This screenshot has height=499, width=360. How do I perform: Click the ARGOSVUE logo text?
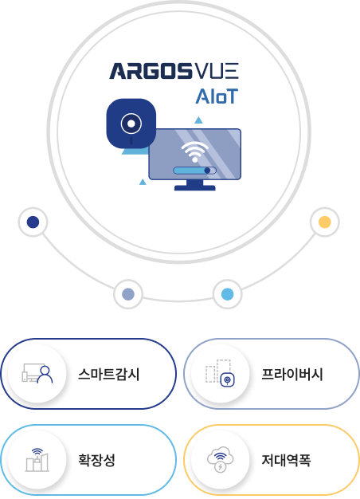click(174, 71)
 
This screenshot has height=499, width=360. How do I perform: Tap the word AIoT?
click(217, 96)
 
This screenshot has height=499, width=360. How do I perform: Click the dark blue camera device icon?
click(131, 124)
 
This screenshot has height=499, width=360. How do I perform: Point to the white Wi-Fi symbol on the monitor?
click(194, 151)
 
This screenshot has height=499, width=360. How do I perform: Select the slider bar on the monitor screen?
click(194, 171)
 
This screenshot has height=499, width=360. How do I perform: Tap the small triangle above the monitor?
click(198, 120)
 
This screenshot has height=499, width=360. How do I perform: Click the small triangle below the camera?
click(143, 182)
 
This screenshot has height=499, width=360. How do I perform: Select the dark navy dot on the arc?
click(33, 222)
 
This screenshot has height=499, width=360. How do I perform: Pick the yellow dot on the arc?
click(325, 222)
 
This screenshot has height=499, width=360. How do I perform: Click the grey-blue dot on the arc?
click(128, 293)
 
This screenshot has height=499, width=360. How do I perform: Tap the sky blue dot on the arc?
click(227, 293)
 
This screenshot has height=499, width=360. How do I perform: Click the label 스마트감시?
click(109, 374)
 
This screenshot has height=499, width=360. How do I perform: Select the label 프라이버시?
click(292, 374)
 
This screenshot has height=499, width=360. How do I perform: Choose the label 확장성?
click(96, 460)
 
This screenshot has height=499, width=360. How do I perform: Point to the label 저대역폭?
click(286, 460)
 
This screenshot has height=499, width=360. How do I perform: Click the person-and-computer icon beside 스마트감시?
click(37, 373)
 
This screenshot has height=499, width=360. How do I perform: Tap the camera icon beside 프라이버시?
click(221, 373)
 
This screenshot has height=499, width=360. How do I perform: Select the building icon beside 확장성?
click(37, 459)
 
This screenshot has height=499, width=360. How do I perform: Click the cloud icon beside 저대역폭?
click(221, 459)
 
